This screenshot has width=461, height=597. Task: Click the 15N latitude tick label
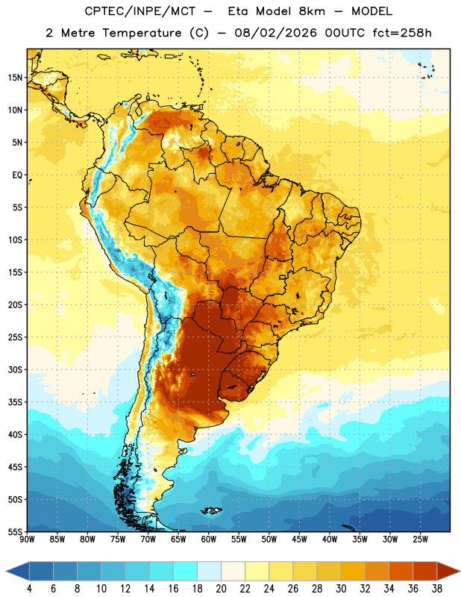click(x=15, y=78)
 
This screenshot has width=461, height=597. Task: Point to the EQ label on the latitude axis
click(x=17, y=175)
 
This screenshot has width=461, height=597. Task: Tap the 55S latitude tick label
click(x=15, y=532)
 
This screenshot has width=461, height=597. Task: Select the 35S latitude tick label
click(x=15, y=402)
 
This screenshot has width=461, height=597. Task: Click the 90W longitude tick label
click(x=27, y=540)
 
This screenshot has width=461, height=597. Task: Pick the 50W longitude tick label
click(x=269, y=540)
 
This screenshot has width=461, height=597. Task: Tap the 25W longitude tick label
click(x=420, y=540)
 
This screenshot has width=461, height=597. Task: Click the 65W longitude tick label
click(x=178, y=540)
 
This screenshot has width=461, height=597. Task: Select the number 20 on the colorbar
click(x=221, y=589)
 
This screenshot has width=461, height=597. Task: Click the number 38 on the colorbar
click(x=437, y=589)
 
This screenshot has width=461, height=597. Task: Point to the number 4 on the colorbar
click(x=29, y=589)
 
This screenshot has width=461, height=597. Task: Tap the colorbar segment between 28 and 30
click(x=329, y=572)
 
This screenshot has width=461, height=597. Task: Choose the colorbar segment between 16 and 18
click(x=186, y=572)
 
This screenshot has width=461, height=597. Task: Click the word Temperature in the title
click(x=142, y=33)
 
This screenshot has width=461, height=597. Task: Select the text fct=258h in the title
click(x=402, y=33)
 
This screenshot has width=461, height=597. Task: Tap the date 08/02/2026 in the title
click(x=275, y=33)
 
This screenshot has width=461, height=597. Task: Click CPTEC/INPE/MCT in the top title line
click(x=140, y=11)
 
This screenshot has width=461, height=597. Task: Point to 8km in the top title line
click(x=312, y=11)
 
